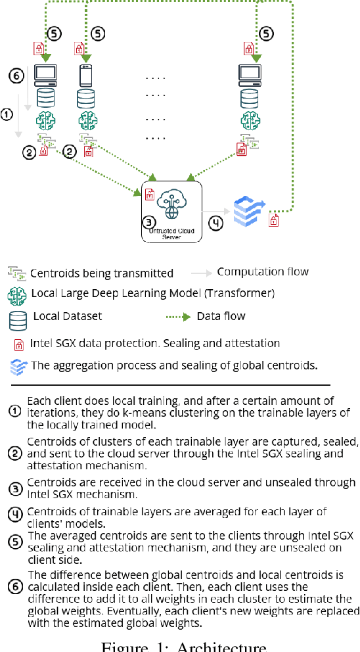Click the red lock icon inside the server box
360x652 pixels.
pos(148,195)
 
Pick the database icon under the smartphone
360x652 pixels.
pos(86,98)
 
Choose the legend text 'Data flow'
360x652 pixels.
pos(221,316)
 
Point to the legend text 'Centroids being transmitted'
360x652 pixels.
pos(102,273)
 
